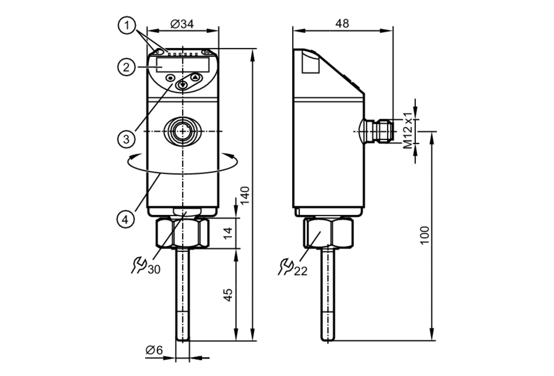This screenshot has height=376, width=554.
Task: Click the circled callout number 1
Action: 127,25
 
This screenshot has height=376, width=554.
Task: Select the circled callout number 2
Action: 126,67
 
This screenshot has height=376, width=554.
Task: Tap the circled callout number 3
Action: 126,139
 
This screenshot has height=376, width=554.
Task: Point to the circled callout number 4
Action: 125,219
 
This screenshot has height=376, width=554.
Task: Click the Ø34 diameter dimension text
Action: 182,24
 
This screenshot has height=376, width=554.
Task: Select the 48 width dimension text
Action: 342,24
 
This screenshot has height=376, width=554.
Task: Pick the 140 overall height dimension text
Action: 245,195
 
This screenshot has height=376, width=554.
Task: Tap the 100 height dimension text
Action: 424,235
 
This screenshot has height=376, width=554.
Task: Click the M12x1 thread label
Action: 408,131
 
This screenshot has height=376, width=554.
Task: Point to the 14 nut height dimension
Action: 228,233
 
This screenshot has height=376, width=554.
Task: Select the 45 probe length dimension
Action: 228,295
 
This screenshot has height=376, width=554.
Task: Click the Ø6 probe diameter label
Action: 154,350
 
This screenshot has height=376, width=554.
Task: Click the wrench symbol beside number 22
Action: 285,267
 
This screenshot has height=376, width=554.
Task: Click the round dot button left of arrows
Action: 170,78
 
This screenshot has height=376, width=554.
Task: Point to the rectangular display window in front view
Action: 183,65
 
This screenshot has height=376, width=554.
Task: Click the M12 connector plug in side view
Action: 384,131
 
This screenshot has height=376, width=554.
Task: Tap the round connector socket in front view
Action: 183,131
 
